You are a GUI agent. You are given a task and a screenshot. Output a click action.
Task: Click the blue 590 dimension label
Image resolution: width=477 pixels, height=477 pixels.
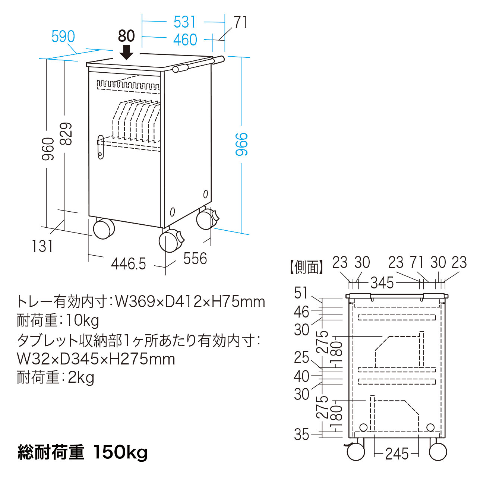point(63,37)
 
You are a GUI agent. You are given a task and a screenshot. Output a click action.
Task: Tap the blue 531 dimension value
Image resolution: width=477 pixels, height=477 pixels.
point(185,22)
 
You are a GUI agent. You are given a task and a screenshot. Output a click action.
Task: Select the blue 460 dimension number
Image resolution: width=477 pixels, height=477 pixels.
point(185,40)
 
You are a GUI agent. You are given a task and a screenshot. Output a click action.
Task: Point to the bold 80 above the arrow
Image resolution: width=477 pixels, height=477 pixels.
point(126,36)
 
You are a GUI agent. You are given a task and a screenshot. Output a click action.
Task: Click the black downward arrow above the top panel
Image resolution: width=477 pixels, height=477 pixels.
point(126,53)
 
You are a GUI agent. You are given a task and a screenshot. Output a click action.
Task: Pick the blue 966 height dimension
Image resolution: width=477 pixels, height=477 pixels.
point(241,144)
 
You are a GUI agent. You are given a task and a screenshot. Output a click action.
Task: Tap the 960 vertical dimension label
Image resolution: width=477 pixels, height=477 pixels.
point(48,149)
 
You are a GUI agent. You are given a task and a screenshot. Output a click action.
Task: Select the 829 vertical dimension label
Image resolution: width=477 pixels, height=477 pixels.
point(66,134)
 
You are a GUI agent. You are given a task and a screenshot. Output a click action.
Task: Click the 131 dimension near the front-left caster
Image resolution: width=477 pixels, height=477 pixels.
point(42,246)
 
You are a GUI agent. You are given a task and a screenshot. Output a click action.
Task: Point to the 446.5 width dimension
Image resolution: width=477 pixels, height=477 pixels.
point(129,264)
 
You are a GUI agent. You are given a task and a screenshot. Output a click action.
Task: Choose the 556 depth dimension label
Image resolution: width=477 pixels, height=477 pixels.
point(195,259)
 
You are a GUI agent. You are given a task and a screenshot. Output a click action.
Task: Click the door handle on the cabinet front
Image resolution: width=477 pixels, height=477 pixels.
point(101,147)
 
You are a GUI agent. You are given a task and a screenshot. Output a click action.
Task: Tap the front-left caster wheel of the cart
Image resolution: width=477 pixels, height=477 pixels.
point(104,228)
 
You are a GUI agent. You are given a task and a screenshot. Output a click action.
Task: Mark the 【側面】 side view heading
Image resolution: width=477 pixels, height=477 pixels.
point(306,267)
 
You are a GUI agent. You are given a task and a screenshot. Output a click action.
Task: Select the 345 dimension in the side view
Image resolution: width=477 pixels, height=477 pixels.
point(382,282)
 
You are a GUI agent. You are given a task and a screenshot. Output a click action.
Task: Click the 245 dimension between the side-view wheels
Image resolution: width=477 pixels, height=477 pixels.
point(397,454)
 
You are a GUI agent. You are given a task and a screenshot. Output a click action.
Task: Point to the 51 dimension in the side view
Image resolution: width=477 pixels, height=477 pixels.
point(301,293)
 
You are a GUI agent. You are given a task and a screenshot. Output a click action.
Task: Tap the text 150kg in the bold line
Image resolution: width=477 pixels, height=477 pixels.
point(120,452)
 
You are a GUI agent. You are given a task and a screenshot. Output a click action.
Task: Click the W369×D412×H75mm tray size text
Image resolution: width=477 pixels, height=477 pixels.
point(190,302)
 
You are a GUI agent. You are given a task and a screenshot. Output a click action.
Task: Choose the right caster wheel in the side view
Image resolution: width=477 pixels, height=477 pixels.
point(438,452)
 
